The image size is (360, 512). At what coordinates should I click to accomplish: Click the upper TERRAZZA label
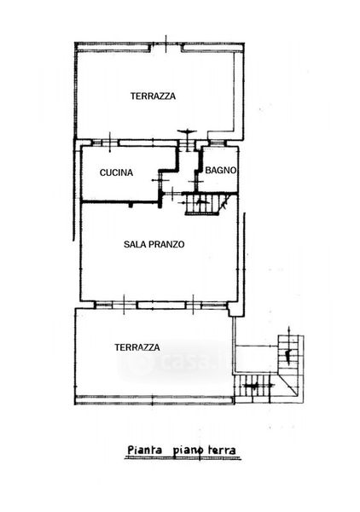click(x=153, y=96)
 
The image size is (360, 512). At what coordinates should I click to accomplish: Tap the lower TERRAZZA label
click(x=137, y=347)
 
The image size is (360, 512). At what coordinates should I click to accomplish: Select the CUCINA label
click(x=116, y=172)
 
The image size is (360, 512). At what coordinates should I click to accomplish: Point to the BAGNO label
click(x=221, y=170)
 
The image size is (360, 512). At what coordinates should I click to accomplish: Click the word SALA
click(x=134, y=244)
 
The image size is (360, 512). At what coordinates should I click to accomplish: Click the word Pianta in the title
click(x=144, y=450)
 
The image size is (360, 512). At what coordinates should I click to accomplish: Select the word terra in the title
click(x=222, y=451)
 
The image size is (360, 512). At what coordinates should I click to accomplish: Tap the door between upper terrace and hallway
click(x=187, y=143)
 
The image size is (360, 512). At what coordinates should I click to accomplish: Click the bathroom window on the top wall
click(x=217, y=143)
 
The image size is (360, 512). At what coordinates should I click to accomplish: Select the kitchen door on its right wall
click(x=160, y=180)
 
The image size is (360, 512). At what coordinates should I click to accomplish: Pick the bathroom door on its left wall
click(x=196, y=180)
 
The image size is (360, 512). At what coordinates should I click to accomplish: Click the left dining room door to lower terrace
click(x=116, y=305)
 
